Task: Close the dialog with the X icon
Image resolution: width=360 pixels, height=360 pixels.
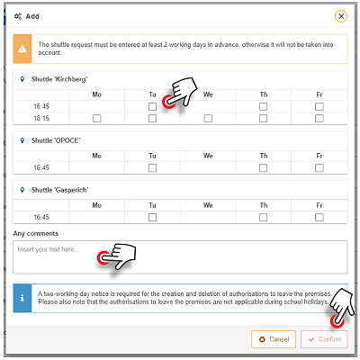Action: click(340, 16)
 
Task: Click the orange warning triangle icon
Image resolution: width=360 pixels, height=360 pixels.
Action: click(23, 48)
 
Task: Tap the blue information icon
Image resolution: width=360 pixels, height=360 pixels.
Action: click(22, 297)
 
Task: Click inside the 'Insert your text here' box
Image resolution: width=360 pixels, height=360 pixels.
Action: click(180, 256)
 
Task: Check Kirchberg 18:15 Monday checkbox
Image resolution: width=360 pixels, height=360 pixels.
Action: click(96, 118)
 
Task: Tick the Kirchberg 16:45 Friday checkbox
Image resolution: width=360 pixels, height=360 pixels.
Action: click(319, 106)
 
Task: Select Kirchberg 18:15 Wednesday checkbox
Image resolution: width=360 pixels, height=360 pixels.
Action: click(208, 118)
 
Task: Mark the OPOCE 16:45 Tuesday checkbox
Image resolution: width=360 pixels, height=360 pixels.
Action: click(152, 167)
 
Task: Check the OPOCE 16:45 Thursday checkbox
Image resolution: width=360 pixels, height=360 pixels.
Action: click(263, 167)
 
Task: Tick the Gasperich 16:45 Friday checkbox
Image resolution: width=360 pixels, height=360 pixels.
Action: click(319, 217)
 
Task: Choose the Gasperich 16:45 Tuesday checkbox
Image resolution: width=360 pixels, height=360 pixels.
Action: click(152, 217)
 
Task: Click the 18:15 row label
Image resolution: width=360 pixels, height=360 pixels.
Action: click(41, 118)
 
